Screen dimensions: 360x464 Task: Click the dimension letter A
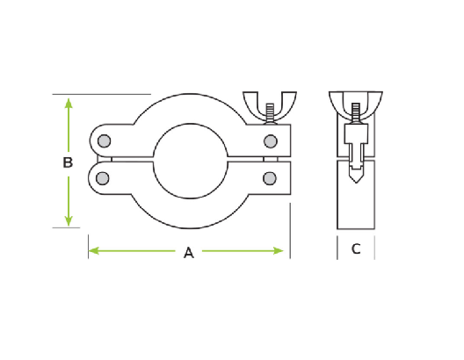point(188,253)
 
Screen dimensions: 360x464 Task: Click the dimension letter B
point(67,162)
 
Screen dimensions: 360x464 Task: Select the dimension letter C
point(356,249)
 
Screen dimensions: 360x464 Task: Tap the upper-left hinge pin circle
point(105,140)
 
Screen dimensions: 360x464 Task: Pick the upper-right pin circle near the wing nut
point(271,140)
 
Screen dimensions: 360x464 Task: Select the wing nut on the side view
point(355,102)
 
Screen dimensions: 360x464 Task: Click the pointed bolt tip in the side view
point(355,178)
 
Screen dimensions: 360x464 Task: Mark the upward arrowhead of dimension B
point(69,103)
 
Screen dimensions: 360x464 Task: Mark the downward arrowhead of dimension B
point(69,221)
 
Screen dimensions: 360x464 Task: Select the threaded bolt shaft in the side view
point(355,114)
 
